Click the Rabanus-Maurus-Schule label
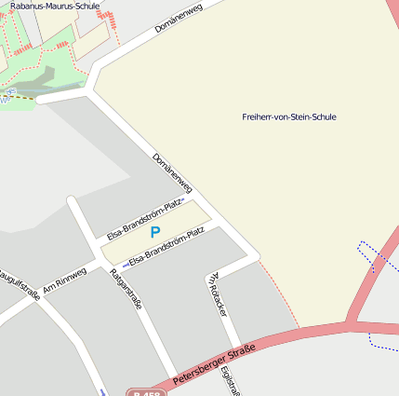55,6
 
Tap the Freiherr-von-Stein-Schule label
288,117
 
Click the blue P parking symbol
155,232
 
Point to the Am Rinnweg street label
64,280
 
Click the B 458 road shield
138,392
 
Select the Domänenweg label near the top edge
178,20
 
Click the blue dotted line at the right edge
376,253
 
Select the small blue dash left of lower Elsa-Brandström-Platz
126,266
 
